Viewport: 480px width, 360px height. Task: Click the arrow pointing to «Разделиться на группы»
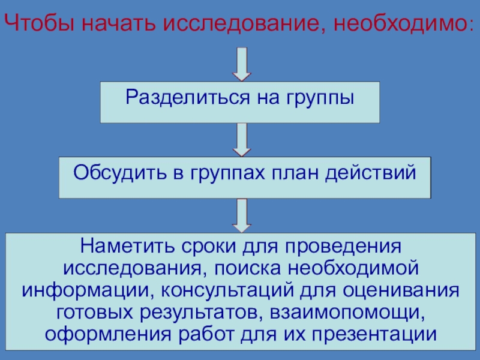(x=241, y=64)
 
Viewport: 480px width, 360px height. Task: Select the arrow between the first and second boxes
(x=241, y=140)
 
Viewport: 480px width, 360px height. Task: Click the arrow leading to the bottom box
(x=241, y=215)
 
